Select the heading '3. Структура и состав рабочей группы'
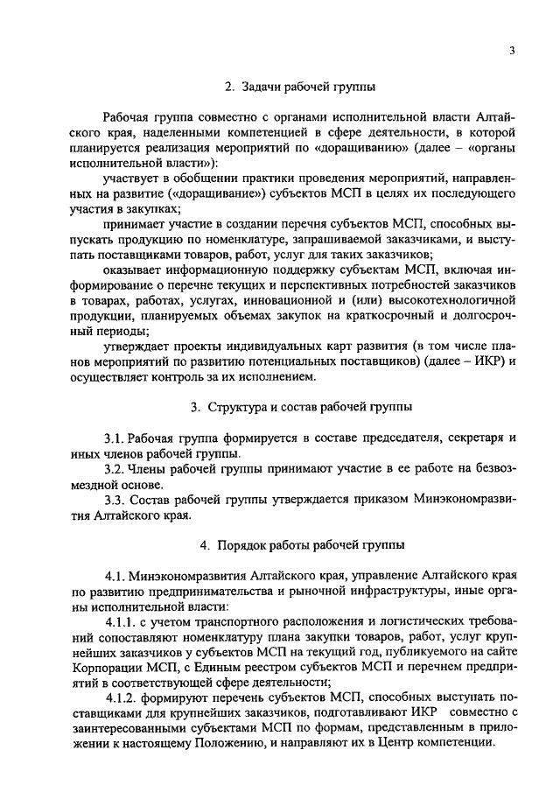(302, 407)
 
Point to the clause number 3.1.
(115, 437)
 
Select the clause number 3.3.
(115, 501)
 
